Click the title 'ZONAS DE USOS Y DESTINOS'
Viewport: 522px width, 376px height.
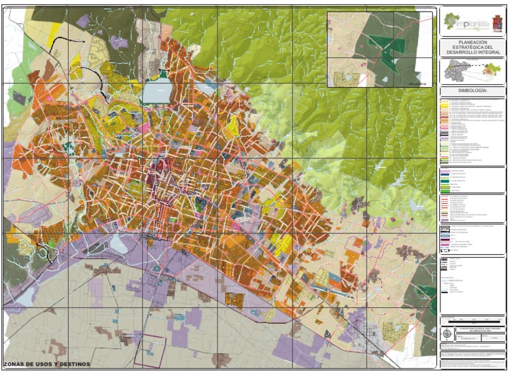tap(46, 364)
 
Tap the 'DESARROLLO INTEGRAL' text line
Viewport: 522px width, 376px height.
tap(472, 52)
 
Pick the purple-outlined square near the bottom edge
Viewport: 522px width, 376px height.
tap(150, 351)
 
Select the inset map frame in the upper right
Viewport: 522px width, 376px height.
tap(380, 49)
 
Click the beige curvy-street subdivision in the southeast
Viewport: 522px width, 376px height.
tap(394, 331)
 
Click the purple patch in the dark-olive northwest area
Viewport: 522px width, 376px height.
tap(83, 21)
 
